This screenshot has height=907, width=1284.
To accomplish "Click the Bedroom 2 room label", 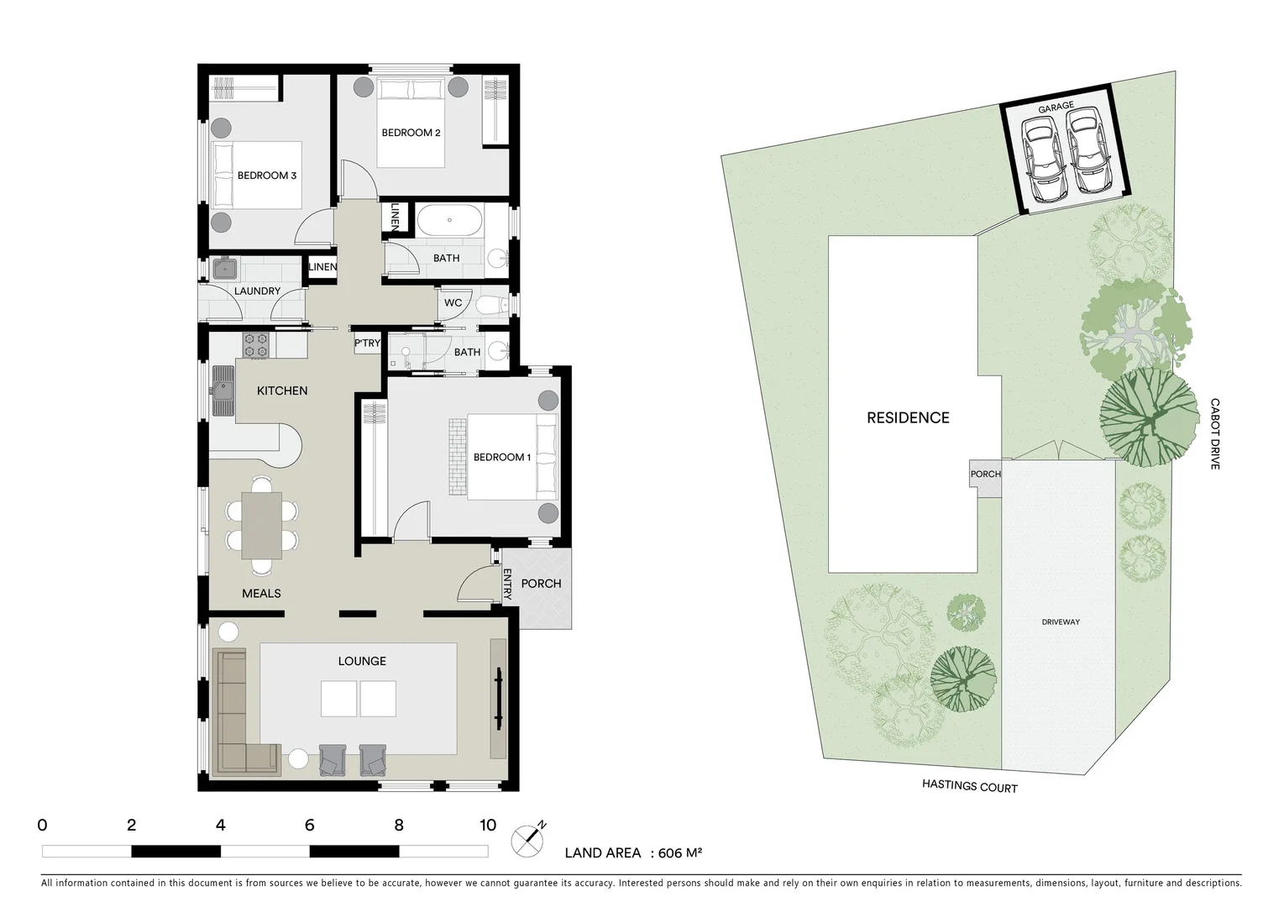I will click(411, 133).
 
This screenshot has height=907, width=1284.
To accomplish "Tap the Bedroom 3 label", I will click(266, 176).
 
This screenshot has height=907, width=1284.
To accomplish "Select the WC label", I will click(453, 303).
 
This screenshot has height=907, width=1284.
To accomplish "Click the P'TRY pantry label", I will click(367, 343).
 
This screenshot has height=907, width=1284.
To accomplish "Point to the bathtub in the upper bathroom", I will click(449, 221).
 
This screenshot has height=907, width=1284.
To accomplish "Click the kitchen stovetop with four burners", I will click(255, 344).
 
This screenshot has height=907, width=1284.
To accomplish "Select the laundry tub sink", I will click(224, 269).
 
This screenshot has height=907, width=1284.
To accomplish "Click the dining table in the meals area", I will click(261, 525).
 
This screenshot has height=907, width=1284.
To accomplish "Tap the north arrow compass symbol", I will click(528, 839).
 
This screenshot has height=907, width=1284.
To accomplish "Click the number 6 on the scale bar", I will click(309, 826).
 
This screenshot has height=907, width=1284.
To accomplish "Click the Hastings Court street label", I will click(969, 787).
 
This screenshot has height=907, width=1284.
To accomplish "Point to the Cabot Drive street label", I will click(1214, 433).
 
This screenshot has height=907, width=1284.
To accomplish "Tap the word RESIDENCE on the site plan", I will click(907, 417).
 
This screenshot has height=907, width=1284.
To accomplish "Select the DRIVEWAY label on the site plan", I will click(1060, 622).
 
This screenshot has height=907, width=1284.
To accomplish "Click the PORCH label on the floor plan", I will click(541, 584).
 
